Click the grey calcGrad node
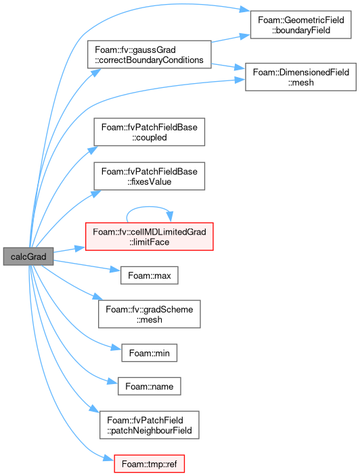pos(28,256)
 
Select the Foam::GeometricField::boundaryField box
pos(300,24)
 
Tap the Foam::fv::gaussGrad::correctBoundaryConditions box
pos(149,55)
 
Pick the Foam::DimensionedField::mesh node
pos(300,77)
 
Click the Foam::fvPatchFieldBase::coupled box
pos(149,132)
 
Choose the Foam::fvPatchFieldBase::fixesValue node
pos(149,176)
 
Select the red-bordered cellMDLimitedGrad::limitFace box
pos(149,237)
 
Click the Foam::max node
pos(149,275)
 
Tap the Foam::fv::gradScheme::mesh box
pos(149,314)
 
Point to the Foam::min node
pos(149,353)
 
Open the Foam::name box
pos(149,386)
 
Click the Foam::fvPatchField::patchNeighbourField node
pos(149,425)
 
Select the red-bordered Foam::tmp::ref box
pos(149,464)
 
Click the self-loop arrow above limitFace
pos(149,207)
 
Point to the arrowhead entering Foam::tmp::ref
pos(109,458)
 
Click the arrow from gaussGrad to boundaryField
pos(231,39)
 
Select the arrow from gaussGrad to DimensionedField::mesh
pos(228,66)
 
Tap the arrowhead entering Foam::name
pos(112,381)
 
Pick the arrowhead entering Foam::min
pos(116,348)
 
